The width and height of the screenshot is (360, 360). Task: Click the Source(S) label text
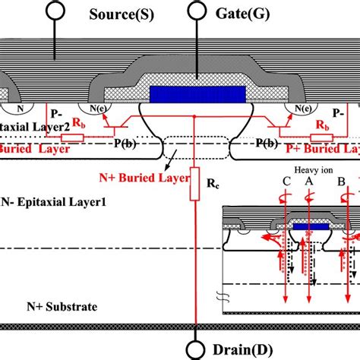coord(120,14)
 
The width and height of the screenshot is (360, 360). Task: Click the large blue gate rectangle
coord(197,94)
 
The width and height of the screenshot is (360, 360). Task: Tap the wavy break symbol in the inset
coord(226,298)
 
